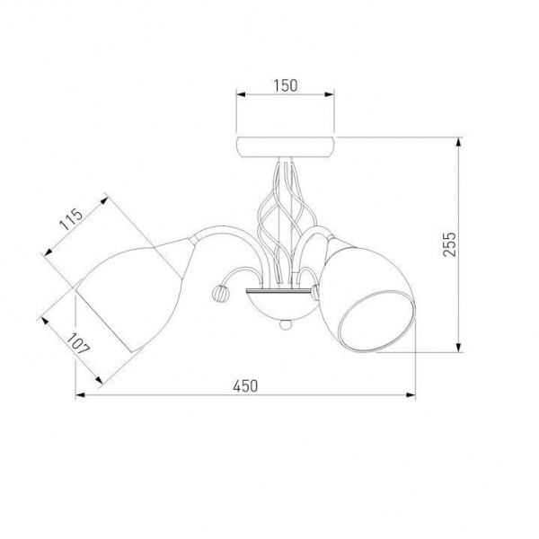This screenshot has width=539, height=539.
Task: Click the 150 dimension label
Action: (x=286, y=85)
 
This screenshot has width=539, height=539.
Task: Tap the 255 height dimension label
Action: (x=449, y=244)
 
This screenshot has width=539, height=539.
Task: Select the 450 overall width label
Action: (x=245, y=386)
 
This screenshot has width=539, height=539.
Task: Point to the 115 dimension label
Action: (x=72, y=220)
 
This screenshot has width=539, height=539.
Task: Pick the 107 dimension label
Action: (x=78, y=344)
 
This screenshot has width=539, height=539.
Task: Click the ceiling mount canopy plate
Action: (x=286, y=146)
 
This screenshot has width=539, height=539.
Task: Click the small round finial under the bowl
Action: (x=286, y=324)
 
